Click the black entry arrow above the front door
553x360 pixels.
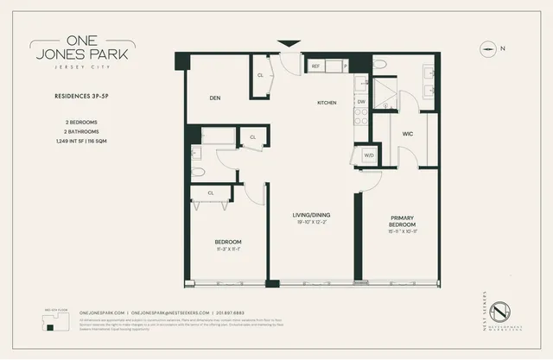click(289, 43)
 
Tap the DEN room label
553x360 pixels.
click(215, 98)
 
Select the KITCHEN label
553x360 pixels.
click(327, 103)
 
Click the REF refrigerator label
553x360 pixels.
click(316, 65)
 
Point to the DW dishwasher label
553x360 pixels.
click(360, 101)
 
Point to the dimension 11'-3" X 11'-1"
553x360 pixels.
click(228, 249)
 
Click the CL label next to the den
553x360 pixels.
click(260, 75)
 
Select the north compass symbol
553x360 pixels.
click(490, 49)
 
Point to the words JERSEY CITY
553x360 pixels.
click(61, 76)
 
